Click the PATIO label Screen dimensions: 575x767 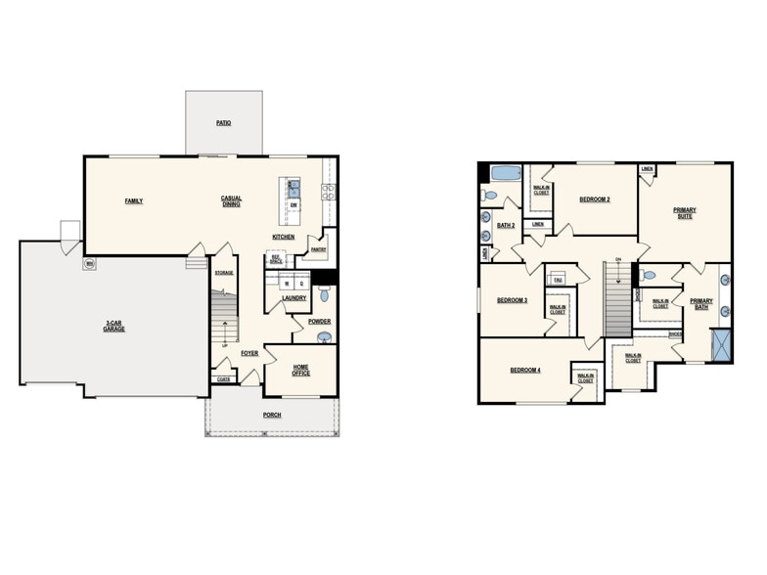224,123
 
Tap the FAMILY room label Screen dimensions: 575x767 133,201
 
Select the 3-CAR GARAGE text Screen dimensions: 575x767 114,326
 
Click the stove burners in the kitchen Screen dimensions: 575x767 329,191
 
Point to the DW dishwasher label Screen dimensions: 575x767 294,204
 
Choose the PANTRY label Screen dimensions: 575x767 318,249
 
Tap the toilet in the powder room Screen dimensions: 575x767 325,294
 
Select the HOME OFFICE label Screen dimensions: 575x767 301,370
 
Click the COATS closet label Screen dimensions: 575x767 223,379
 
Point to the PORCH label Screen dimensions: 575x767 272,415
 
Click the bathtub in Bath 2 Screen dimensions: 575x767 505,174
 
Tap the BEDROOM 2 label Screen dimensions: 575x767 594,199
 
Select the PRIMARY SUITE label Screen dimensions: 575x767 684,212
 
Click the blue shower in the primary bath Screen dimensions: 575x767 721,344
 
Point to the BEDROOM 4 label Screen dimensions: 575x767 525,370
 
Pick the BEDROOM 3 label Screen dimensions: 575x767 512,300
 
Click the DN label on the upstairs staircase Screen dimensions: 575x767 618,259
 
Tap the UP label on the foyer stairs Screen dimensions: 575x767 225,345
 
